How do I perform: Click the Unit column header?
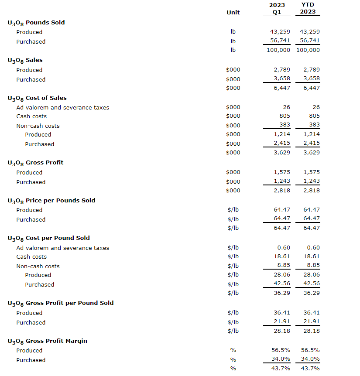pos(233,12)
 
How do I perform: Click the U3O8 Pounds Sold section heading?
pos(36,23)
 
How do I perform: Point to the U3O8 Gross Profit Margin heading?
pos(47,341)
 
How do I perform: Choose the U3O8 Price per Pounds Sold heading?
pos(51,201)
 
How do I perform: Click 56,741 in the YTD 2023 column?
pos(310,41)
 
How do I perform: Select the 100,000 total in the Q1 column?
pos(278,50)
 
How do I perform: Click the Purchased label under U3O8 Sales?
pos(31,79)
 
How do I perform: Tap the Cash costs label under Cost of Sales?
pos(31,116)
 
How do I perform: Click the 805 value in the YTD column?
pos(314,116)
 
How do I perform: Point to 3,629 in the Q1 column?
pos(282,152)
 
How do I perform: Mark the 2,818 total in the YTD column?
pos(312,190)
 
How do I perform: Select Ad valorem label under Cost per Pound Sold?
pos(62,248)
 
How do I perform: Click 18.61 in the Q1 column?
pos(282,256)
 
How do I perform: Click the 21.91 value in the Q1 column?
pos(282,322)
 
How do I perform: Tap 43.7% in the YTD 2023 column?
pos(311,369)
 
